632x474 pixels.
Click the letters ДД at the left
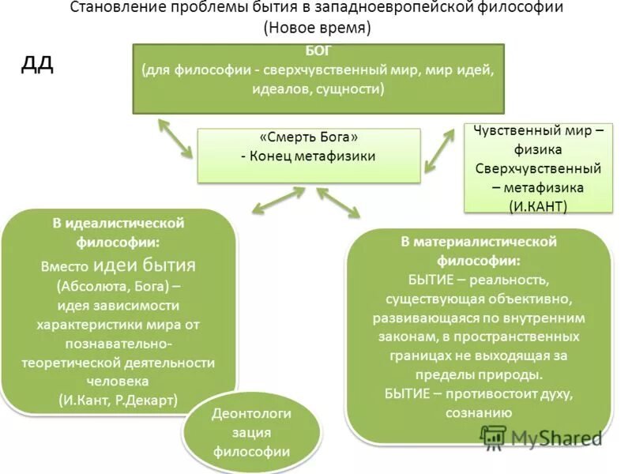point(36,64)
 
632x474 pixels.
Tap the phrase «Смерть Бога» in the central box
point(308,137)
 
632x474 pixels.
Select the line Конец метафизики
point(312,156)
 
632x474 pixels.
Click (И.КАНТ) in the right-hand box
point(539,205)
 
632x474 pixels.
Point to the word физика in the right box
point(539,149)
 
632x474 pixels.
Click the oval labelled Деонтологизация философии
point(251,432)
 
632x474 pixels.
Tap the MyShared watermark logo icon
point(493,437)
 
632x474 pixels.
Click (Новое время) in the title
point(317,28)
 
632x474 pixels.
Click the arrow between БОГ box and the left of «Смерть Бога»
point(175,137)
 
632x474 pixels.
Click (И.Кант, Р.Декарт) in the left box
point(118,400)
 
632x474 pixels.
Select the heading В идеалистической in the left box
point(118,224)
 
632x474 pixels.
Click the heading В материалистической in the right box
point(480,241)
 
